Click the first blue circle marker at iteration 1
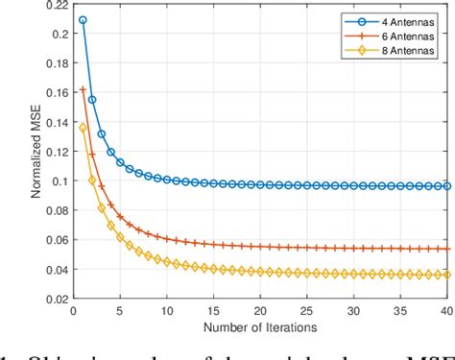click(83, 20)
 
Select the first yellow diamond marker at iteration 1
click(83, 128)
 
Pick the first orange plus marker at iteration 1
click(83, 89)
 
